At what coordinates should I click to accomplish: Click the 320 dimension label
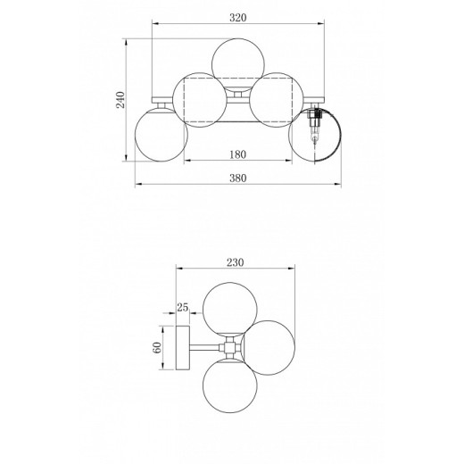238,18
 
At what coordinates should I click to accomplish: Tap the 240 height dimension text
120,100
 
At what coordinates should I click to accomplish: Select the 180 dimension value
238,154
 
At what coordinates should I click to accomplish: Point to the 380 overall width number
238,178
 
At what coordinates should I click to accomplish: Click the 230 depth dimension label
236,262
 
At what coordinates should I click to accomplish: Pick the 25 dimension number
183,307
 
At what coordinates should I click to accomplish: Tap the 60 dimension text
157,348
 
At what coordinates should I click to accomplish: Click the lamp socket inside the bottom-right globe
315,126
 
